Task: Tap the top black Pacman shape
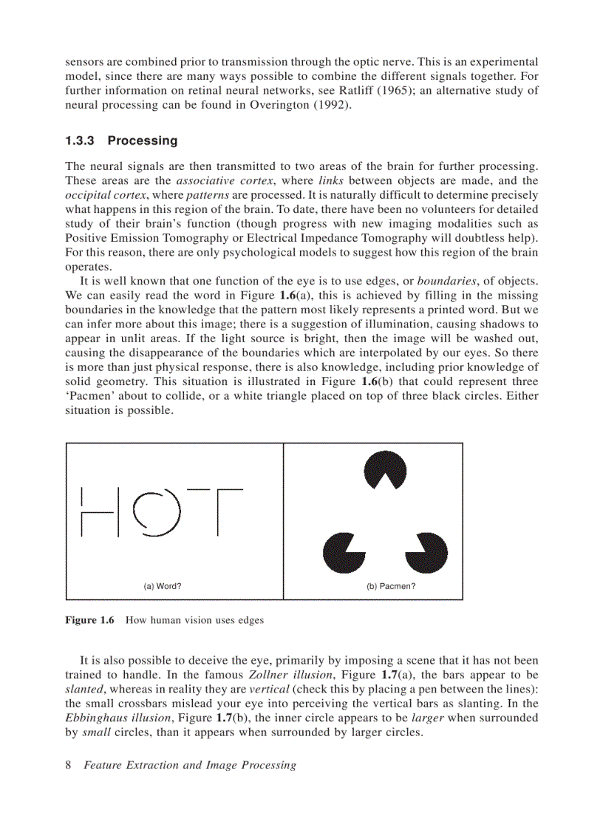[x=385, y=470]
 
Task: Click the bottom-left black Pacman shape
[x=344, y=551]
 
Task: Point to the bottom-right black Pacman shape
[x=426, y=551]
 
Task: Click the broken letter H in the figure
[x=100, y=511]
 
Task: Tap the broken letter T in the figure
[x=217, y=511]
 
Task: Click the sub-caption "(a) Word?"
[x=163, y=586]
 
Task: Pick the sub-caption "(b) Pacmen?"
[x=391, y=586]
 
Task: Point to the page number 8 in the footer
[x=69, y=765]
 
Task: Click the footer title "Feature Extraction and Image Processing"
[x=190, y=765]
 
